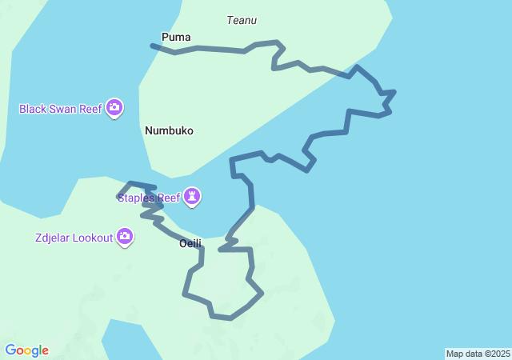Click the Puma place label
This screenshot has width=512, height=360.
[176, 37]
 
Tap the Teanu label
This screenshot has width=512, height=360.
[242, 20]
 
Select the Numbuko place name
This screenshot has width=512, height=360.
[169, 130]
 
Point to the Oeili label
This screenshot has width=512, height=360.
[190, 243]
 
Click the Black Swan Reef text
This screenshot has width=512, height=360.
[61, 108]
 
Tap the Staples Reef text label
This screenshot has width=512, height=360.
[150, 197]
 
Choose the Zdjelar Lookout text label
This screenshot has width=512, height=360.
[74, 238]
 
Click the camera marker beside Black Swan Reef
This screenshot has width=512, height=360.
[114, 107]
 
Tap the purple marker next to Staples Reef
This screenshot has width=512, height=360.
[192, 196]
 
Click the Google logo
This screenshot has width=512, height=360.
[26, 350]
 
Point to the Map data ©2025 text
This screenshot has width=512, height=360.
[478, 354]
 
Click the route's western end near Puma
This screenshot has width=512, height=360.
[152, 46]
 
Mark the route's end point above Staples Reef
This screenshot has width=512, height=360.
[119, 194]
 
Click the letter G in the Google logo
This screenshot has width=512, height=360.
[10, 350]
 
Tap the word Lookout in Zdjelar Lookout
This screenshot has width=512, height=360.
[91, 238]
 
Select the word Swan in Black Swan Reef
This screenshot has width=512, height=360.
[64, 108]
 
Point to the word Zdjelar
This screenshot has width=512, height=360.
[53, 238]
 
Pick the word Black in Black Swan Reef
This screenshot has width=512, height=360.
[33, 108]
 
